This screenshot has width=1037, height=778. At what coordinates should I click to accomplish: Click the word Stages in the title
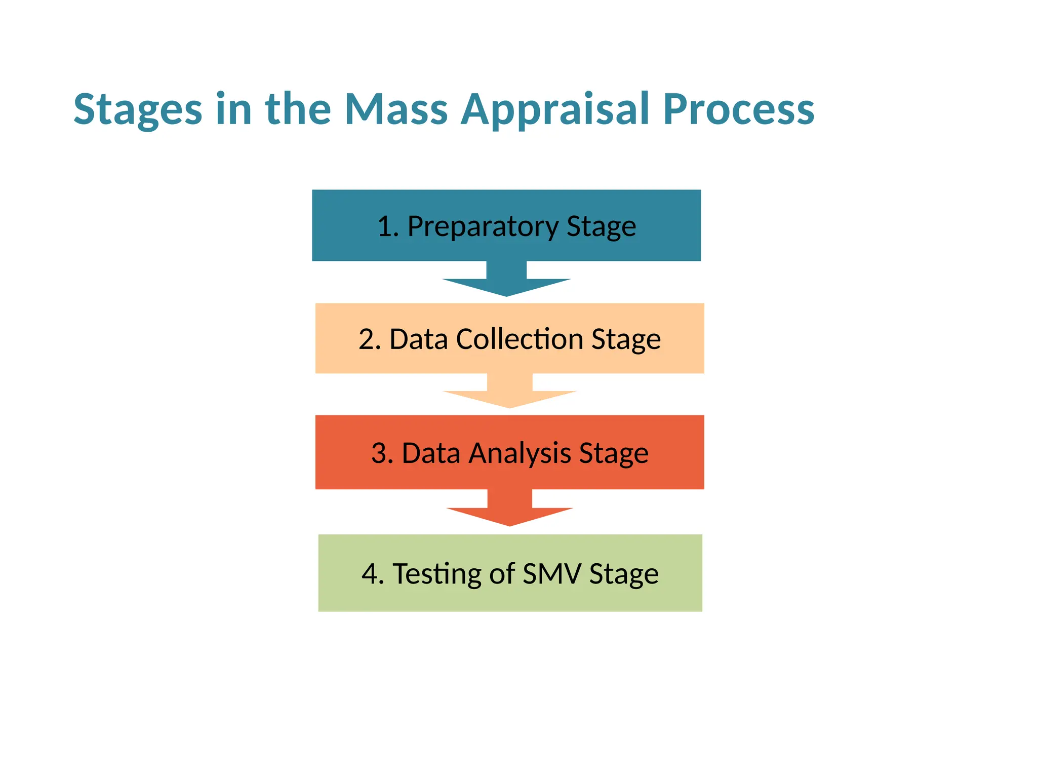138,110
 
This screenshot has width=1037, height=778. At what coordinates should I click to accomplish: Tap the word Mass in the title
396,109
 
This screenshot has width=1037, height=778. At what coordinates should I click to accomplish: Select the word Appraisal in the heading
555,110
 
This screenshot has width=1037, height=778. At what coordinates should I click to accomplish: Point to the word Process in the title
738,109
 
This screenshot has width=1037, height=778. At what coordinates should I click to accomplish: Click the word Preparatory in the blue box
482,226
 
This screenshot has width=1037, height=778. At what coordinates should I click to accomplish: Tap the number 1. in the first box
388,226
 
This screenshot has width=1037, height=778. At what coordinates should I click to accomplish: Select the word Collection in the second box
520,339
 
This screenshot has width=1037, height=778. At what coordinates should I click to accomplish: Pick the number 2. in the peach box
370,339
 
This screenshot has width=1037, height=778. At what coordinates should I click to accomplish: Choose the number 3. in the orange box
382,453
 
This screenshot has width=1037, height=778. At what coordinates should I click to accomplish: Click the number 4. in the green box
373,574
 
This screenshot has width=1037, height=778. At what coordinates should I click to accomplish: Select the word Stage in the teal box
601,226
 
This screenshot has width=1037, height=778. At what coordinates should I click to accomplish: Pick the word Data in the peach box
418,339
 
